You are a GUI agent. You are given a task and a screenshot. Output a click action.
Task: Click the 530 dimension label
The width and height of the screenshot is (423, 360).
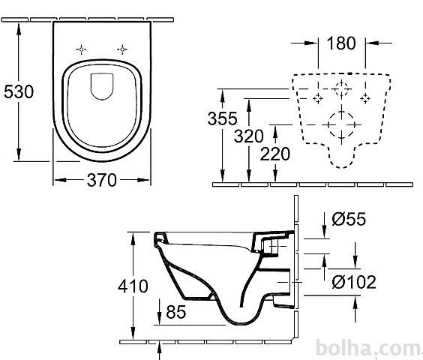19,91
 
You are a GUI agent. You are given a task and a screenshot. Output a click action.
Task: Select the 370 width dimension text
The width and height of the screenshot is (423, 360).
102,180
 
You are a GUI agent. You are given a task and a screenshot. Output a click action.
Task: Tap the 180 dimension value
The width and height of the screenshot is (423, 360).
341,43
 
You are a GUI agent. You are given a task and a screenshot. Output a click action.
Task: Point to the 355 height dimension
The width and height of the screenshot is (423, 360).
222,118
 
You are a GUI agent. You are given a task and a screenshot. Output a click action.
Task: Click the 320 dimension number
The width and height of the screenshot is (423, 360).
248,136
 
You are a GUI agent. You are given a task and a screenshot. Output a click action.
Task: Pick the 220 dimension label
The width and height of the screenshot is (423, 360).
275,154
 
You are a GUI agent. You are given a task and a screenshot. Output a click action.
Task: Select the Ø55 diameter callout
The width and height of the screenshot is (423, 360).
349,219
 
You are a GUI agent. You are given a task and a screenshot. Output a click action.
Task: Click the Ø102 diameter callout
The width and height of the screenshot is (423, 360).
354,282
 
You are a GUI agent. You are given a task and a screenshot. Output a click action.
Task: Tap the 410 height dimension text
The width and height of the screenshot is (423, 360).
133,286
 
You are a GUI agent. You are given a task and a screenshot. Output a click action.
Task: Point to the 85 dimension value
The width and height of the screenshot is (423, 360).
176,312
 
